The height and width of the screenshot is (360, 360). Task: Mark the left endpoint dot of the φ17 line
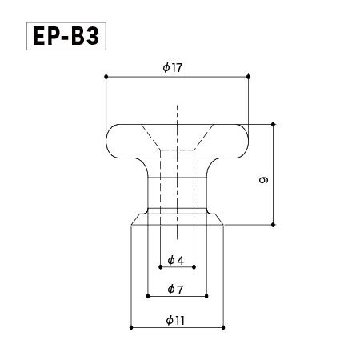[105, 78]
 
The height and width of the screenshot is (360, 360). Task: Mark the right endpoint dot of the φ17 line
[249, 78]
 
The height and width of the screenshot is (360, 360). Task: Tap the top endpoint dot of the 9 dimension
[274, 124]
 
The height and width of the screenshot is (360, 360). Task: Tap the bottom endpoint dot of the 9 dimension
[274, 225]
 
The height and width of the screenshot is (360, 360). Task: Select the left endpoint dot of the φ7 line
[148, 297]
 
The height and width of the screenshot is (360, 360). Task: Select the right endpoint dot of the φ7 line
[207, 297]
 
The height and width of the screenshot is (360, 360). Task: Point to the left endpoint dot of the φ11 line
[130, 328]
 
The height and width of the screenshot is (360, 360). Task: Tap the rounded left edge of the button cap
[106, 140]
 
